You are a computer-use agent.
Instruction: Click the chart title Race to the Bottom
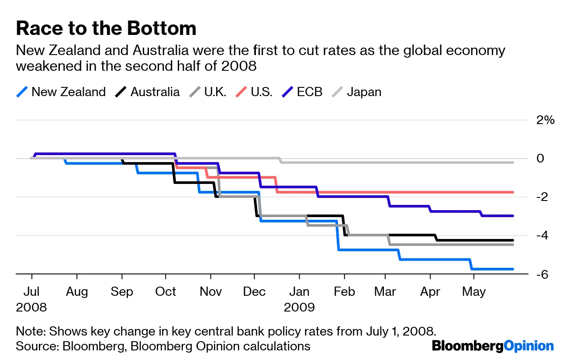[106, 29]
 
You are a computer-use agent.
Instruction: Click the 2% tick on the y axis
[545, 120]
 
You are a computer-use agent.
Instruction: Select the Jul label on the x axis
[31, 291]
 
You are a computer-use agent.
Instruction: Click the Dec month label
[254, 291]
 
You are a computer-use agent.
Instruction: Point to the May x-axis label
[474, 291]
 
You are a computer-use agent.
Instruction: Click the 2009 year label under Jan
[299, 307]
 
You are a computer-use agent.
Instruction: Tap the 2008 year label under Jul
[31, 307]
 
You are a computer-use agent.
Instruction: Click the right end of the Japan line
[512, 162]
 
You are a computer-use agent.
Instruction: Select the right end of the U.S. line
[512, 192]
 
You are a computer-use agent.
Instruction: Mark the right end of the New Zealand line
[512, 269]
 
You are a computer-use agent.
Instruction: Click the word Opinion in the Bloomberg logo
[528, 346]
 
